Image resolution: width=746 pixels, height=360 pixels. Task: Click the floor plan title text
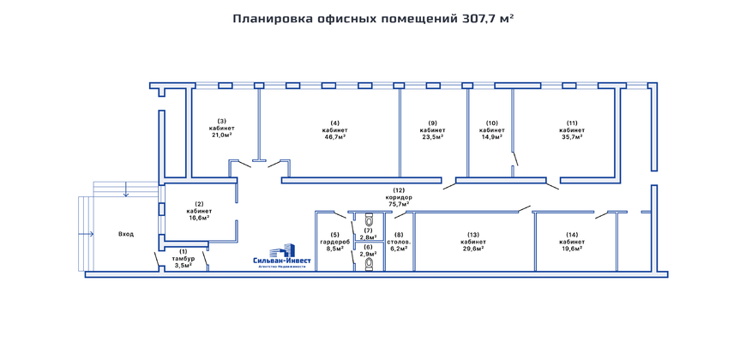pyautogui.click(x=373, y=17)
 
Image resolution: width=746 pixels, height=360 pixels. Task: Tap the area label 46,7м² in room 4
pyautogui.click(x=335, y=137)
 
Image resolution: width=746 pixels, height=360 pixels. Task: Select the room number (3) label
pyautogui.click(x=221, y=121)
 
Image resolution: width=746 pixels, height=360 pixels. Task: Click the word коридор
pyautogui.click(x=399, y=197)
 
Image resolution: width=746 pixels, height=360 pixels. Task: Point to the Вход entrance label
pyautogui.click(x=126, y=234)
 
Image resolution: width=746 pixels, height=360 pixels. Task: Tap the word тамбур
pyautogui.click(x=183, y=258)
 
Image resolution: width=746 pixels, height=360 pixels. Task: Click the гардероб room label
pyautogui.click(x=335, y=242)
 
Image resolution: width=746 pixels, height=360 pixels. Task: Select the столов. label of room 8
pyautogui.click(x=399, y=242)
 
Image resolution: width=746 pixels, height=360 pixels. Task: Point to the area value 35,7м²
pyautogui.click(x=572, y=137)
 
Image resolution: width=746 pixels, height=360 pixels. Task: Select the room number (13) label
pyautogui.click(x=473, y=234)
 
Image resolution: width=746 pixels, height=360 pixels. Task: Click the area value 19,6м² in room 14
pyautogui.click(x=573, y=249)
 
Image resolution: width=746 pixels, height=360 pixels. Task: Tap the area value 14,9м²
pyautogui.click(x=492, y=137)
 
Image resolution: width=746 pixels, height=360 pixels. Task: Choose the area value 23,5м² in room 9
pyautogui.click(x=433, y=137)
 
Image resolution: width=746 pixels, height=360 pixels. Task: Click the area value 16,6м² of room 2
pyautogui.click(x=199, y=218)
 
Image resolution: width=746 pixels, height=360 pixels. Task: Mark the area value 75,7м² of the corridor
pyautogui.click(x=399, y=205)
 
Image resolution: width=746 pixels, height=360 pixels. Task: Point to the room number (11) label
pyautogui.click(x=572, y=122)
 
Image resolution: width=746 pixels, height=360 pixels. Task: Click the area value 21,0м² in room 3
pyautogui.click(x=221, y=135)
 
